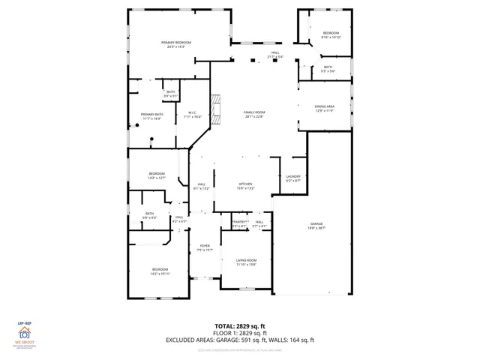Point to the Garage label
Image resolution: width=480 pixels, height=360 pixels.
[x=316, y=226]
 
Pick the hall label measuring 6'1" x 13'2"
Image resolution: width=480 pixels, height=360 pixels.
[x=202, y=186]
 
